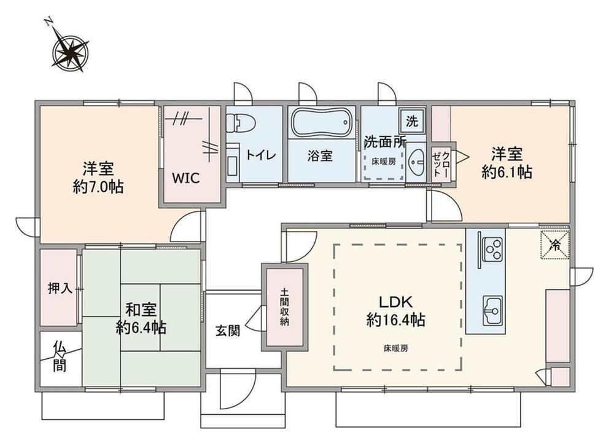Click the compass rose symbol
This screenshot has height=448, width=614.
pos(71,51)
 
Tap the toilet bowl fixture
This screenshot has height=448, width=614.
pos(241,123)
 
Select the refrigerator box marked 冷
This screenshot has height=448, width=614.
pos(555,245)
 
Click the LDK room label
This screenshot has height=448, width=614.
pos(395,302)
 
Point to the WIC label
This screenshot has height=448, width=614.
pos(187,178)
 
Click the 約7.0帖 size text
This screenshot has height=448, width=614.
pos(98,187)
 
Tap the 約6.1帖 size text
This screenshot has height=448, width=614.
pos(507,172)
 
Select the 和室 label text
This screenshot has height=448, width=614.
pos(141,310)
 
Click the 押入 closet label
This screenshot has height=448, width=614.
pos(60,289)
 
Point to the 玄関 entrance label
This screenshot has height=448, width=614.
pos(228,332)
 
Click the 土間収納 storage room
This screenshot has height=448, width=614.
pos(285,307)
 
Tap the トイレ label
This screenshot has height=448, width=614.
pos(261,155)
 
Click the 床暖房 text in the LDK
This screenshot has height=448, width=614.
pos(395,348)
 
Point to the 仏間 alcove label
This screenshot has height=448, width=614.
pos(60,356)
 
